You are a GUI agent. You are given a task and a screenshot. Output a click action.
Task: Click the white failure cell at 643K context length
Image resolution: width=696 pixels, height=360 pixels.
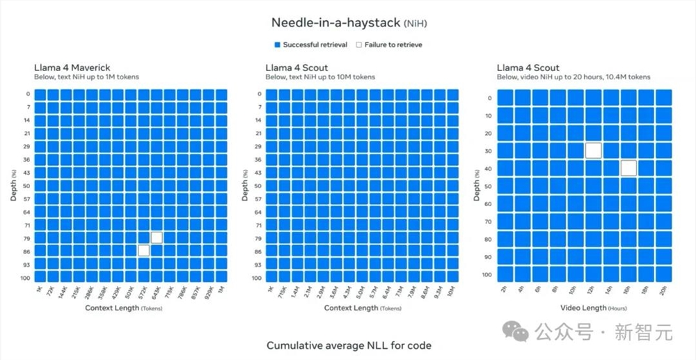click(157, 237)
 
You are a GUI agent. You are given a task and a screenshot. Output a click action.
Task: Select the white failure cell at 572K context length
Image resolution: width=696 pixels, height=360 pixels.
click(143, 251)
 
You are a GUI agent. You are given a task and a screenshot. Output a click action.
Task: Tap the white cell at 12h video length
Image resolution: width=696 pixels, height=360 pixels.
click(593, 150)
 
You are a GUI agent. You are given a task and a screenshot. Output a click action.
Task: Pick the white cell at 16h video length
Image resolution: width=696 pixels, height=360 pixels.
click(628, 168)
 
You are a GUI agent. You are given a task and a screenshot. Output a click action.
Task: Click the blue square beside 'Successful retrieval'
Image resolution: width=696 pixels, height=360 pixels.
click(276, 45)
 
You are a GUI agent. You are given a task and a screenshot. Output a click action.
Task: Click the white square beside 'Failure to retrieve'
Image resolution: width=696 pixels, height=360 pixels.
click(359, 45)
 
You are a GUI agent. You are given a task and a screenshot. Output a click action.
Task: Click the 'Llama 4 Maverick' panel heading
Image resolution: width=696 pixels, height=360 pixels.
click(72, 68)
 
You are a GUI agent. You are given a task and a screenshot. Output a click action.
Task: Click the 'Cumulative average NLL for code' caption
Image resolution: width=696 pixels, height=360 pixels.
click(349, 345)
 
